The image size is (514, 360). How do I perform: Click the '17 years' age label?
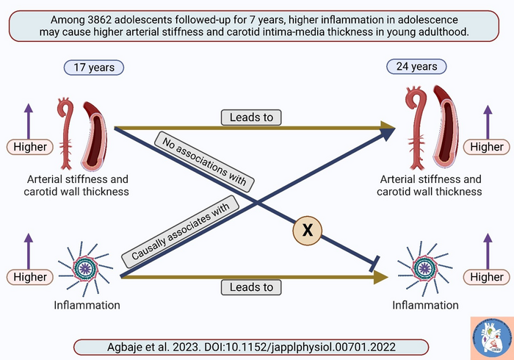coord(94,67)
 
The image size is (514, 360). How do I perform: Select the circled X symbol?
coord(308,231)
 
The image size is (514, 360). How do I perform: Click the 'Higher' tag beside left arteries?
coord(29,147)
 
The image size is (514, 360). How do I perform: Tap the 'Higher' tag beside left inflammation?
coord(29,277)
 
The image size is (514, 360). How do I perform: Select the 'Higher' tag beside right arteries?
coord(487,147)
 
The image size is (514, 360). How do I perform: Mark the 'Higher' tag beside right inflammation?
coord(487,277)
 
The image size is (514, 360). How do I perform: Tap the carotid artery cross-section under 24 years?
coord(447,125)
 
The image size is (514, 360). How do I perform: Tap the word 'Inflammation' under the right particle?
coord(425,305)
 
